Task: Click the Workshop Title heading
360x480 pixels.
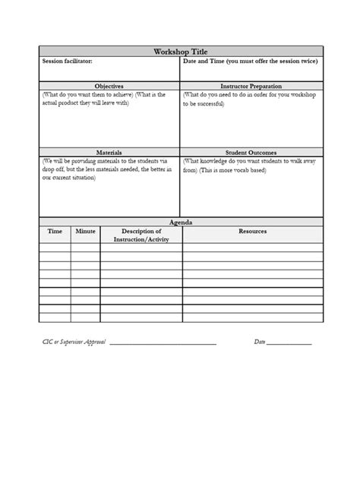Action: click(180, 51)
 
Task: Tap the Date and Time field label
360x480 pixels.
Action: click(250, 61)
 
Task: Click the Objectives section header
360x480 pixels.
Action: click(109, 87)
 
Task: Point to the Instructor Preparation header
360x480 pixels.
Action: click(251, 87)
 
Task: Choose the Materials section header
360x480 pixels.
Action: click(109, 153)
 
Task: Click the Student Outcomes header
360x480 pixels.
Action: click(251, 153)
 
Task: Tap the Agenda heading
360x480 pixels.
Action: click(180, 222)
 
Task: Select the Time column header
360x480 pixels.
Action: click(55, 231)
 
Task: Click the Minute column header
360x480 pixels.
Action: click(85, 231)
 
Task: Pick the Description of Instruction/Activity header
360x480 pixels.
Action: click(141, 235)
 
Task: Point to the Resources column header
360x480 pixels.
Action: click(252, 231)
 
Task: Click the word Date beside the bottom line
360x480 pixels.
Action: click(259, 342)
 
